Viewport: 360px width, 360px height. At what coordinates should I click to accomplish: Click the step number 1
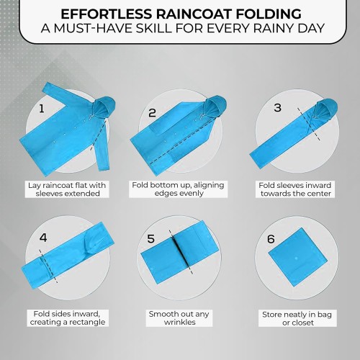[42, 109]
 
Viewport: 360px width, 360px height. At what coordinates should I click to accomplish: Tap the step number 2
[152, 113]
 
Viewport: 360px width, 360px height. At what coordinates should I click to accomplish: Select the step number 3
[277, 107]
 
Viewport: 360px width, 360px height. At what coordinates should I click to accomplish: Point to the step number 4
[43, 238]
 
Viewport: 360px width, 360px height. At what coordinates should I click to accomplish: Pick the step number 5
[150, 238]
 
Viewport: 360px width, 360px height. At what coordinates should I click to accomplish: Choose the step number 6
[271, 239]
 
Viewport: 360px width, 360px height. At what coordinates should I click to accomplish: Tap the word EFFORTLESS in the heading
[107, 14]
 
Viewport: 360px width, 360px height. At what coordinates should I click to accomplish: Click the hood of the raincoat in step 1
[104, 107]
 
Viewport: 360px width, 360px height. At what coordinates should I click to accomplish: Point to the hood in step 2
[215, 106]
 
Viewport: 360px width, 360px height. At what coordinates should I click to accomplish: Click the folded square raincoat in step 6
[297, 257]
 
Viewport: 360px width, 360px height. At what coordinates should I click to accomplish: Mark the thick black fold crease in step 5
[180, 252]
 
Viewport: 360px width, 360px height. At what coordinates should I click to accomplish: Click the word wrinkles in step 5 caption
[180, 322]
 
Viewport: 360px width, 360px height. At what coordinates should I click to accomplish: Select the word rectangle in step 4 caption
[86, 322]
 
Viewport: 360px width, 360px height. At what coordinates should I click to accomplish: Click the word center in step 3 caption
[318, 194]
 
